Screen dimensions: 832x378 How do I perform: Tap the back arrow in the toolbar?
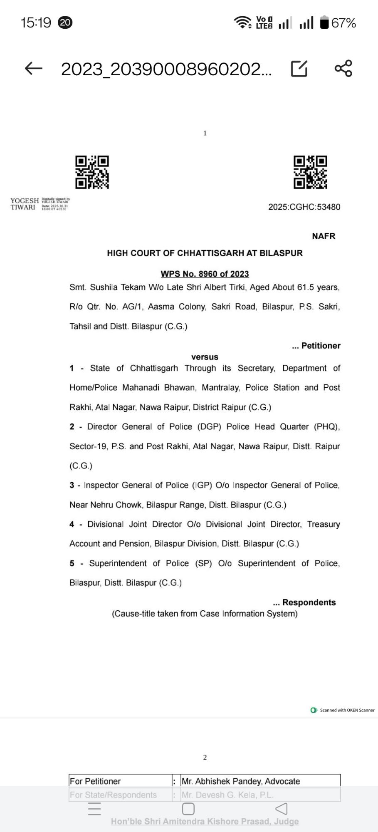coord(34,69)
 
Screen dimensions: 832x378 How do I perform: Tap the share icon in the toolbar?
coord(343,69)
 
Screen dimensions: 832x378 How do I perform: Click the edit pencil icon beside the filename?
coord(299,69)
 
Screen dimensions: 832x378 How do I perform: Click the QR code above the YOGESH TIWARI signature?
coord(92,172)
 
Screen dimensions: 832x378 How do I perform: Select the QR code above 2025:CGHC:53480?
coord(310,172)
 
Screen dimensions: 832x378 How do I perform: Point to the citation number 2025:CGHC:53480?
coord(304,207)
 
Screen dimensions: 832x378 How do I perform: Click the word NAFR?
coord(324,236)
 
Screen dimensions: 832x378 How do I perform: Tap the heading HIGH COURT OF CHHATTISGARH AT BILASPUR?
coord(205,253)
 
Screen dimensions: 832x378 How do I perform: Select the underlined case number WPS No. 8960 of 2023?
coord(205,274)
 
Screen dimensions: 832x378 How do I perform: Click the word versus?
coord(205,357)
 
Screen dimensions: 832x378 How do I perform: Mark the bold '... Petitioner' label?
coord(316,346)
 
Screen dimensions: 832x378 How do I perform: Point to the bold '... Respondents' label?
coord(304,602)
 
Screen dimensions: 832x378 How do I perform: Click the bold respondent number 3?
coord(72,485)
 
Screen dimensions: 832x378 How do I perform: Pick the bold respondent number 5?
coord(72,563)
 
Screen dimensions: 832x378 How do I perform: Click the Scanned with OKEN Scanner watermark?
coord(343,710)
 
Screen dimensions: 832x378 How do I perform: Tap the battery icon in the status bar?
coord(324,22)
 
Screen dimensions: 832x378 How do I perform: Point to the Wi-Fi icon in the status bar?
coord(243,22)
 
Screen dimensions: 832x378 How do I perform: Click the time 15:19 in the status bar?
coord(36,22)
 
